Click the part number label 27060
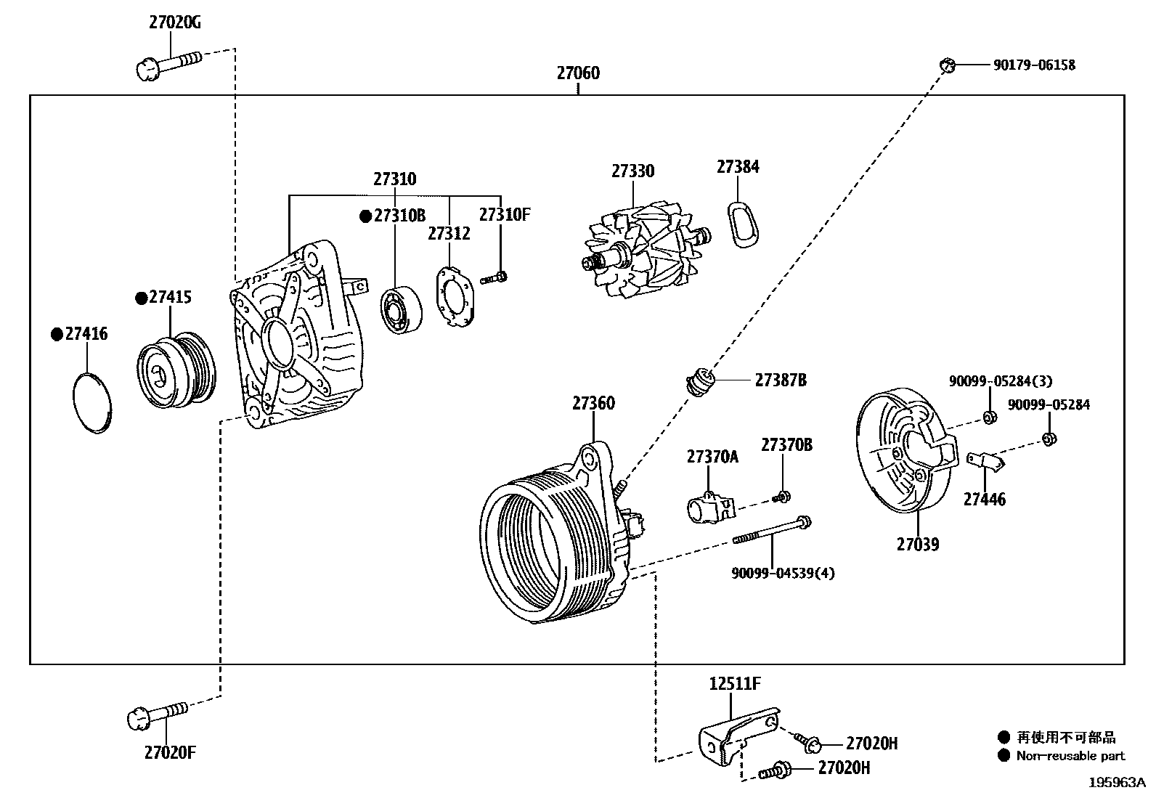tap(578, 73)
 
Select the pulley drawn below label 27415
tap(176, 370)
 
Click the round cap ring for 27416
tap(94, 402)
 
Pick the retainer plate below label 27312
tap(455, 298)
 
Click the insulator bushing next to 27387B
tap(701, 381)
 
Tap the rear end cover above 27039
tap(903, 450)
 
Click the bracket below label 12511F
tap(733, 733)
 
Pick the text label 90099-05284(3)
tap(1000, 381)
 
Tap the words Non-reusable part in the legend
tap(1070, 756)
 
